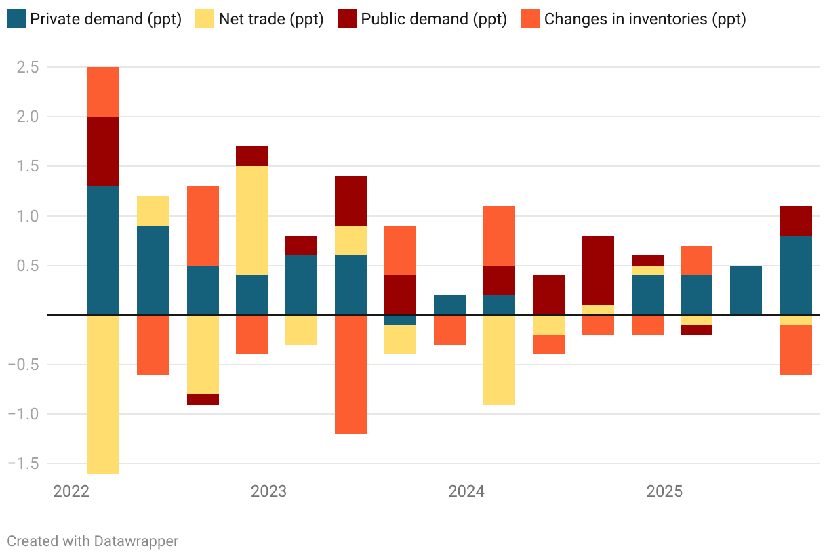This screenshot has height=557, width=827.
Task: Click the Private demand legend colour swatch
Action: click(x=17, y=18)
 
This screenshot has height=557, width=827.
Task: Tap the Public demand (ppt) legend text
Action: click(x=434, y=19)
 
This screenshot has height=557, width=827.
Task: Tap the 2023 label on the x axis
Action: click(x=268, y=491)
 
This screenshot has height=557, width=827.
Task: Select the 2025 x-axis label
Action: click(x=664, y=491)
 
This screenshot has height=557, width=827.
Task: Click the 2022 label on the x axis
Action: click(x=71, y=491)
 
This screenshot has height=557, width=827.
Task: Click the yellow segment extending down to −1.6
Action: click(x=104, y=394)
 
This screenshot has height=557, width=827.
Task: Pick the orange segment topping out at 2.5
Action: click(x=104, y=91)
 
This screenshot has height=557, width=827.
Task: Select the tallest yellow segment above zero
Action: click(x=251, y=220)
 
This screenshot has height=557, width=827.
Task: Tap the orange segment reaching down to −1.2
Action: click(x=350, y=375)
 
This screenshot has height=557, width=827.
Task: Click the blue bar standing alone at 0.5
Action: click(x=746, y=290)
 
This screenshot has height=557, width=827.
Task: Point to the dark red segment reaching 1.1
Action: click(x=796, y=221)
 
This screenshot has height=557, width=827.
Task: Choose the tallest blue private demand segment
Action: click(x=104, y=251)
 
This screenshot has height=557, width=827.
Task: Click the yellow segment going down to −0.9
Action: click(x=499, y=360)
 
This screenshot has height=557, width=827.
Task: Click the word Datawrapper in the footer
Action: click(x=136, y=541)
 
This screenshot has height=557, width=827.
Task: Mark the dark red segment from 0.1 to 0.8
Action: click(x=598, y=270)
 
